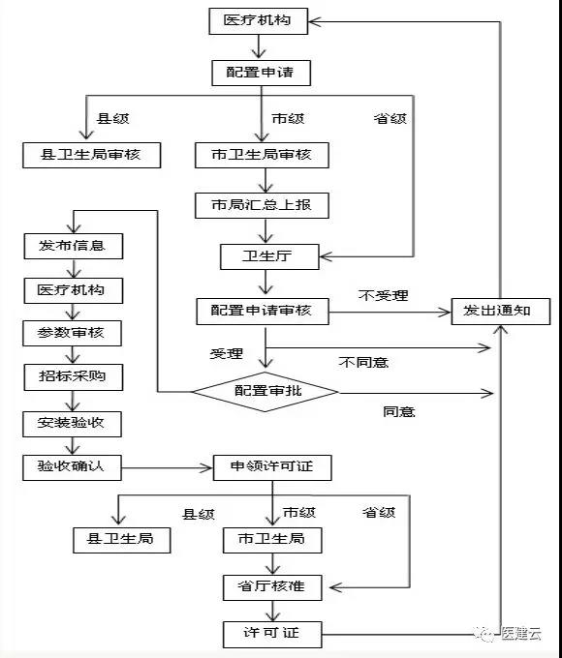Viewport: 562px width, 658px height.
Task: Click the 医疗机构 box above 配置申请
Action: [x=259, y=21]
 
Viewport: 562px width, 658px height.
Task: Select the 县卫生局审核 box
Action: [x=92, y=155]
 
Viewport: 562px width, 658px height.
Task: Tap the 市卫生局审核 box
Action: [x=262, y=155]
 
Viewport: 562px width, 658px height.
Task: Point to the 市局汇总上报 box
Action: [x=262, y=205]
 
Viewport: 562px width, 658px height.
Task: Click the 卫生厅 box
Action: [x=269, y=256]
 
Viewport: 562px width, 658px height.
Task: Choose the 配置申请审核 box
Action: [x=263, y=312]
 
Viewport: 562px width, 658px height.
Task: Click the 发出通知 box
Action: [x=501, y=312]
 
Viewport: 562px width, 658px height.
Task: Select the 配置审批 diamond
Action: [x=265, y=392]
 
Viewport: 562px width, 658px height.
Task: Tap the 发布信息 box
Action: [x=74, y=247]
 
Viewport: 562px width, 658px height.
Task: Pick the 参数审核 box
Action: [x=73, y=334]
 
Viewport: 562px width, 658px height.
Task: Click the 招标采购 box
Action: [x=74, y=377]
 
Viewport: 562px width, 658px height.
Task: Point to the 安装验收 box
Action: [x=73, y=424]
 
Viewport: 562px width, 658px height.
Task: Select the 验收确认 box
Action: [x=72, y=467]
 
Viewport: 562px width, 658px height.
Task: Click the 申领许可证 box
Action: [x=272, y=467]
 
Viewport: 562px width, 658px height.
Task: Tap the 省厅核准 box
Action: [x=272, y=587]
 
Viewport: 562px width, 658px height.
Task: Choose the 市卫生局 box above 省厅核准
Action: [x=272, y=540]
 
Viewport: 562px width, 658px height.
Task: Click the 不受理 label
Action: [x=384, y=295]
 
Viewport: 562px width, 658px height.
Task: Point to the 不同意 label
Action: [x=363, y=362]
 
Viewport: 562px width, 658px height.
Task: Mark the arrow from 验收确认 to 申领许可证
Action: [x=168, y=468]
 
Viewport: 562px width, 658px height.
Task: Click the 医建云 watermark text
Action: [x=520, y=633]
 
